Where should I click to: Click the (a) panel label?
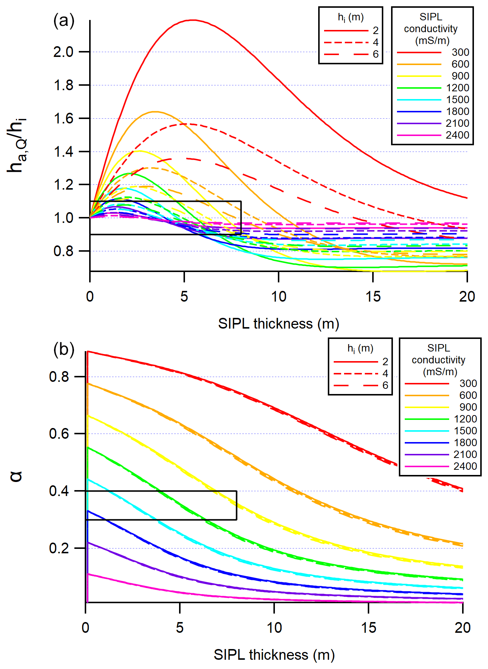coord(64,21)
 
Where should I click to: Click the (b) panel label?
coord(64,349)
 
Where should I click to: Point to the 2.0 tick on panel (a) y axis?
coord(63,52)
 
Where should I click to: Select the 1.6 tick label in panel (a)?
coord(63,119)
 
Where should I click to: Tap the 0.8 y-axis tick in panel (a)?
coord(63,251)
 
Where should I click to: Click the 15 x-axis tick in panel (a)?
coord(373,296)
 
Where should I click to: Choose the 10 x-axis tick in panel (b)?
coord(274,628)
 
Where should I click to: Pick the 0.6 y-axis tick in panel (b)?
coord(59,434)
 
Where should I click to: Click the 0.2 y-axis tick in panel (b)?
coord(59,548)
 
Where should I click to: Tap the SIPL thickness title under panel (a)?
coord(278,324)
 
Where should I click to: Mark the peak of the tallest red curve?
coord(193,20)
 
